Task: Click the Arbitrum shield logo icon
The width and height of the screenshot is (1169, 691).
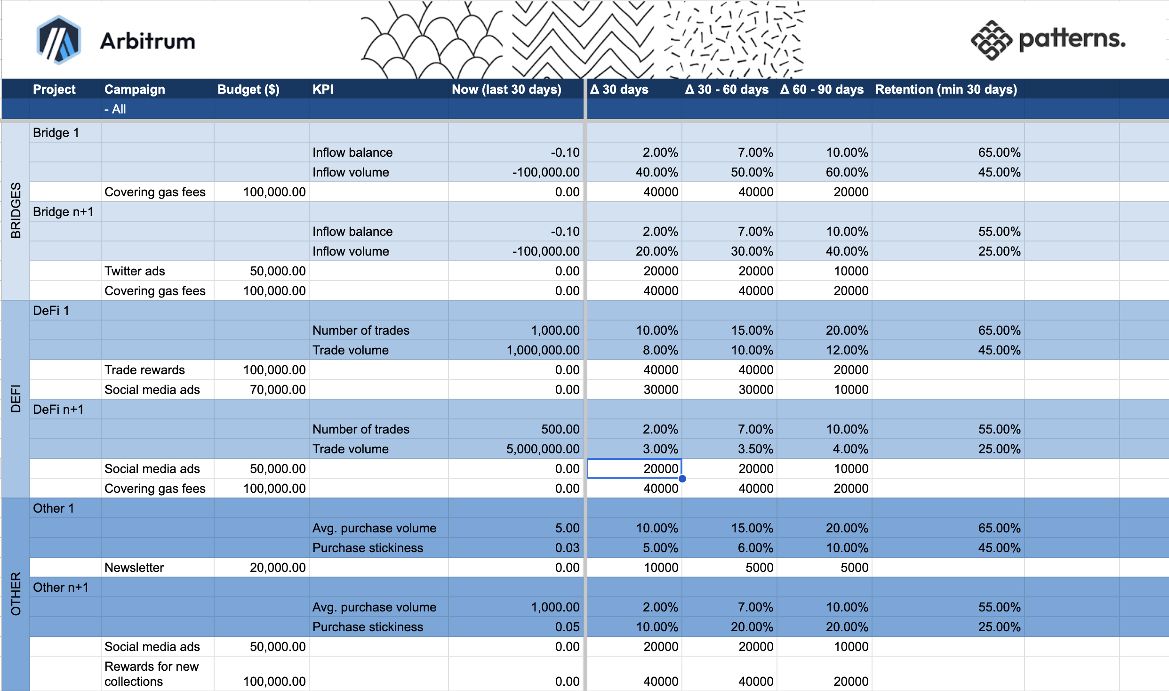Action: (58, 40)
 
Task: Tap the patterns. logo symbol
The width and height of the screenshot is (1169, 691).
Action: (991, 40)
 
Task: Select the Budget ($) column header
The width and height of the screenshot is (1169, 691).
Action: (248, 89)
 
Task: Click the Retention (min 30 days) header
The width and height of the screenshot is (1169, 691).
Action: (946, 89)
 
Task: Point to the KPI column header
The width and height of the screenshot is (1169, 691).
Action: (323, 89)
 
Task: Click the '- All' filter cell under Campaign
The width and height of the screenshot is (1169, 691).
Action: (115, 109)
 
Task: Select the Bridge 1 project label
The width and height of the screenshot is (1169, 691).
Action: (56, 133)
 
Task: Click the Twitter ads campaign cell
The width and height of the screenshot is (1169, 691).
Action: (135, 271)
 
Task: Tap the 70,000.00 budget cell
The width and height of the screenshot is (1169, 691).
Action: (277, 390)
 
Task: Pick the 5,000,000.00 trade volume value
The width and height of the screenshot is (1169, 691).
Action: (543, 449)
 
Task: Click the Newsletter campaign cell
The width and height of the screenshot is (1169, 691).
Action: (134, 568)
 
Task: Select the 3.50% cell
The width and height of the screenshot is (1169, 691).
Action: (755, 449)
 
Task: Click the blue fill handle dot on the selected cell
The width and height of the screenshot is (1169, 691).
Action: (682, 479)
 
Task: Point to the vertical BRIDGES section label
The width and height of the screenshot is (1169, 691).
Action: (16, 210)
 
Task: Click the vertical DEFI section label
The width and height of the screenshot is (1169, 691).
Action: (16, 398)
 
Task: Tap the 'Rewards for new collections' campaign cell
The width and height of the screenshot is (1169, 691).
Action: (152, 674)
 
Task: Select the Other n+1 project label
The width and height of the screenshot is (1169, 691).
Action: (61, 587)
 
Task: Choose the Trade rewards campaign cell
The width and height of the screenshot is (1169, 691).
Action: (144, 370)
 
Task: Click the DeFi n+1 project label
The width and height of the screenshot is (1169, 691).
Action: (58, 410)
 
